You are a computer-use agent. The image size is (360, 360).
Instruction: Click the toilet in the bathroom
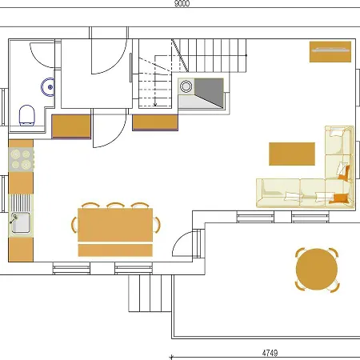pos(26,114)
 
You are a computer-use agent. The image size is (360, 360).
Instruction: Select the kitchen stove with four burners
pos(20,158)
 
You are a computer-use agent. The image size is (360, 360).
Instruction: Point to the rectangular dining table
pos(115,226)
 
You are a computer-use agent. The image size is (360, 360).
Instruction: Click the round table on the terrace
pos(316,269)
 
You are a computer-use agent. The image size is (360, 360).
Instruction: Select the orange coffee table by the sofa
pos(292,153)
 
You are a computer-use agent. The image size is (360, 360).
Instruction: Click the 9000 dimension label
pos(182,4)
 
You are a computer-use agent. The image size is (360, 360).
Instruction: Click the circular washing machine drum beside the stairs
pos(186,86)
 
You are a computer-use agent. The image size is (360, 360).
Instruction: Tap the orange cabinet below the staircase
pos(154,122)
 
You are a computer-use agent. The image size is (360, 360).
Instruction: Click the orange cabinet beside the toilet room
pos(72,126)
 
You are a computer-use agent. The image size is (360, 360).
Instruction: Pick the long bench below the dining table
pos(115,250)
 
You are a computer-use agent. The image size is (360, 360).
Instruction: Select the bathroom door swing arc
pos(42,54)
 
